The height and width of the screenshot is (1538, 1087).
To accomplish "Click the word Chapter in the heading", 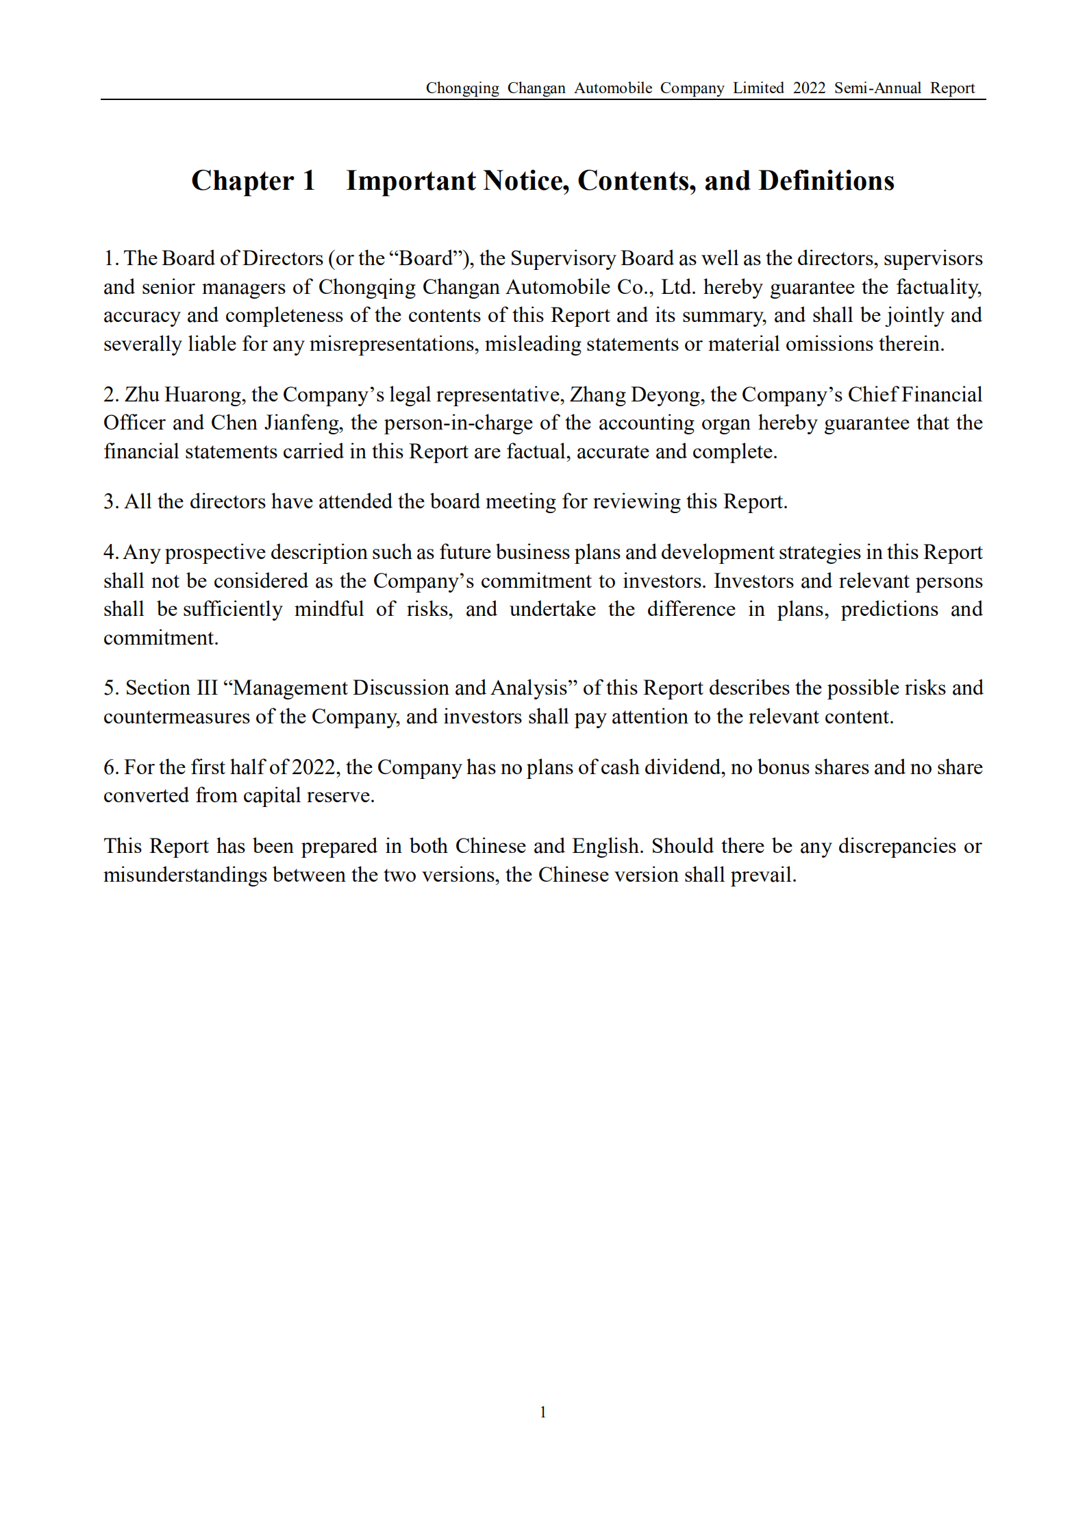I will tap(242, 181).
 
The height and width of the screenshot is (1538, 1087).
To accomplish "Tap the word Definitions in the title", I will tap(826, 181).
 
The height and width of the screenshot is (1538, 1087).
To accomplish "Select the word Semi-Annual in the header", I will tap(877, 88).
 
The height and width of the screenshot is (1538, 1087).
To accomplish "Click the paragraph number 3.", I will tap(109, 501).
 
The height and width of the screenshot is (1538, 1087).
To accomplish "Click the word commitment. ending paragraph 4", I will tap(161, 638).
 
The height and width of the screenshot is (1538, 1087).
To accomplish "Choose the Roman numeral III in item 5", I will tap(207, 688).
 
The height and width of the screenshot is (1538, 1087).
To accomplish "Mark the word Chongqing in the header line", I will tap(462, 88).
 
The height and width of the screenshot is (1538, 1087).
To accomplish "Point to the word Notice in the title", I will tap(525, 181).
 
